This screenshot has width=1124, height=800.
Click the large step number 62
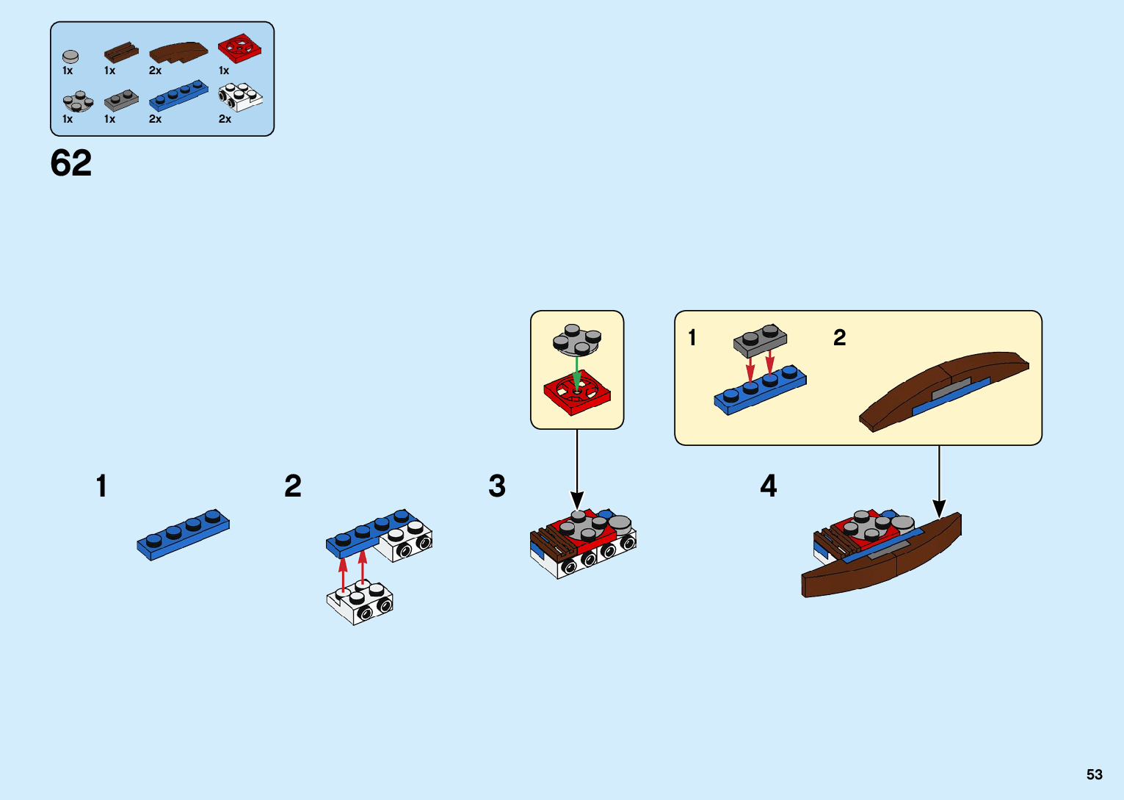pos(71,163)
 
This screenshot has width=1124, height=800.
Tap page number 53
pos(1094,774)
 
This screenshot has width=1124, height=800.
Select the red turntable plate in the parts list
pos(239,48)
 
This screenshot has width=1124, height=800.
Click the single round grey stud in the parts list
pos(70,56)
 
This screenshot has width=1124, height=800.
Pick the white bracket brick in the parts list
pos(240,97)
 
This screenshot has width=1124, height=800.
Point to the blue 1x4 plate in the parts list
pos(178,96)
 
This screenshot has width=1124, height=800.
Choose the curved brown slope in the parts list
pos(178,52)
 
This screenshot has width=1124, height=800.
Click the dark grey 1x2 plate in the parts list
pos(121,101)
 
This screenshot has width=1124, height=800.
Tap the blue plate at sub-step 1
pos(183,534)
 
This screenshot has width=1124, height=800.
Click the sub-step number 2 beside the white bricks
pos(293,486)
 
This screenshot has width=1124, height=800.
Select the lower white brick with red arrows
pos(360,602)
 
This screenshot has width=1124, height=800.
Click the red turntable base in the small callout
pos(577,393)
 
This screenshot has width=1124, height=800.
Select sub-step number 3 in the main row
pos(497,486)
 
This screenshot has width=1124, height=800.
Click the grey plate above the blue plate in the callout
pos(760,341)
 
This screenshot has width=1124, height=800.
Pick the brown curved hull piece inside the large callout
pos(943,389)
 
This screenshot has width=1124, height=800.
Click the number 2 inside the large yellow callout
pos(839,338)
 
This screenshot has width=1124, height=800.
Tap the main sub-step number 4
pos(768,486)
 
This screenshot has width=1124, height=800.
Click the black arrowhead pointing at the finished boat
pos(939,508)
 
